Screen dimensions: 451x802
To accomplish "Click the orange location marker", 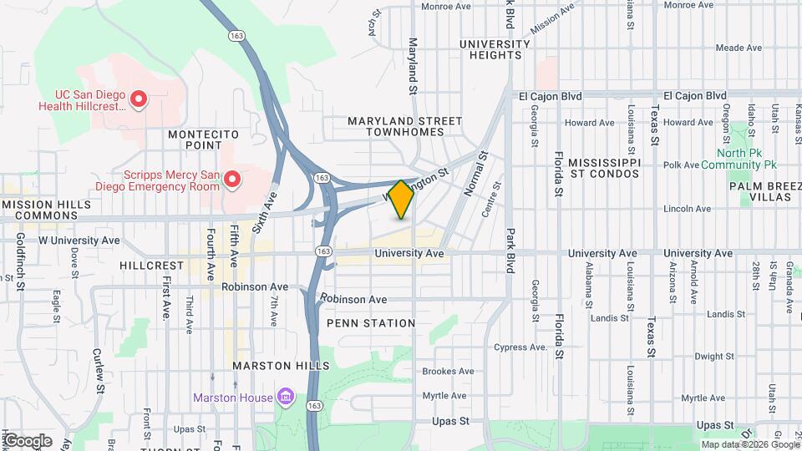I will point(401,200).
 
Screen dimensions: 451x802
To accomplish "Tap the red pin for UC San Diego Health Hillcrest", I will point(140,100).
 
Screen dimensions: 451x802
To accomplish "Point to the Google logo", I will point(27,441).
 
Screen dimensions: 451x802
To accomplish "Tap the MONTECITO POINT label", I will point(204,139).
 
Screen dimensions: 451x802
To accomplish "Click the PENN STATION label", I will point(371,323).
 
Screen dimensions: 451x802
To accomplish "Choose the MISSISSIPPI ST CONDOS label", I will point(604,168).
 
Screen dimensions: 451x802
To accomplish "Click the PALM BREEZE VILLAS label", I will point(759,191).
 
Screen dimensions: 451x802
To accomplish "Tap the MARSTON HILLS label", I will point(281,366).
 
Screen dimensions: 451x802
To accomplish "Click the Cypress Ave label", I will point(520,347).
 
